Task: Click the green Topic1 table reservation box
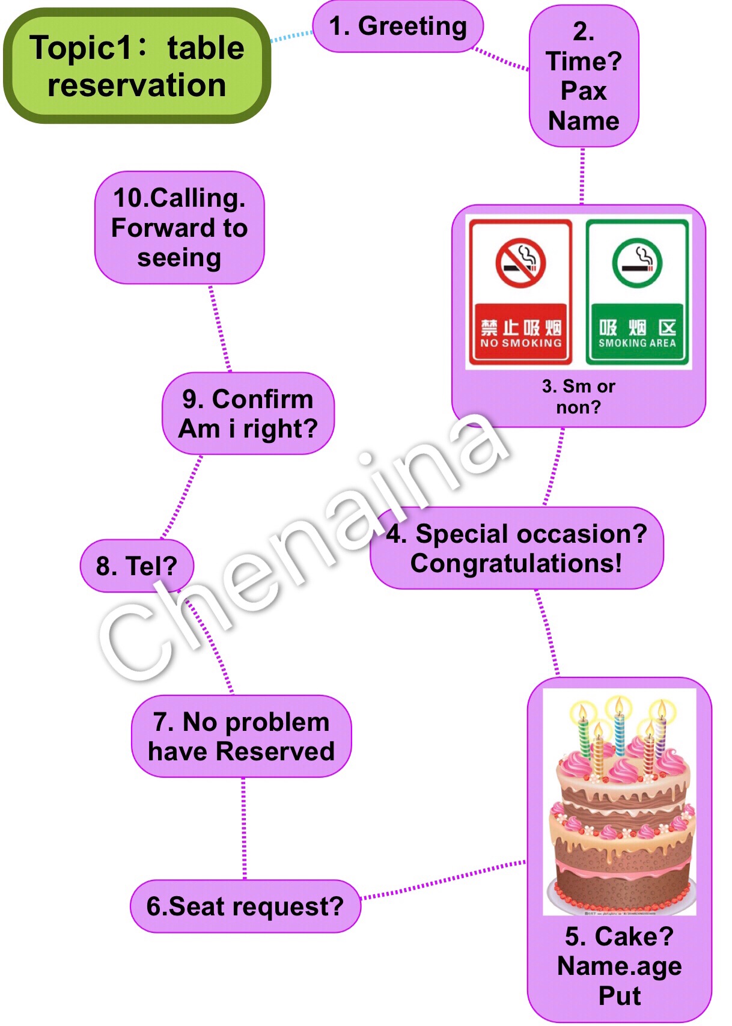tap(137, 66)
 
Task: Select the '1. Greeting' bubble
tap(398, 26)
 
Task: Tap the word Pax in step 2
tap(584, 91)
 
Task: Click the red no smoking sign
tap(520, 292)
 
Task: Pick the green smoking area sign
tap(637, 292)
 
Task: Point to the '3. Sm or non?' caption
tap(578, 397)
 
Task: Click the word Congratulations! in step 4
tap(516, 564)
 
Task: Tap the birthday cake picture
tap(620, 802)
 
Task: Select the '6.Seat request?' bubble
tap(245, 906)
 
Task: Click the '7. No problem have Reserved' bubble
tap(241, 736)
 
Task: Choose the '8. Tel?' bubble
tap(137, 566)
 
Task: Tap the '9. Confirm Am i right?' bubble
tap(248, 414)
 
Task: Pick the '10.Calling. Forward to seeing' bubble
tap(180, 228)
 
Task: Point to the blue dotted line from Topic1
tap(291, 36)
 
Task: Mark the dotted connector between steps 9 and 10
tap(219, 328)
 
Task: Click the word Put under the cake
tap(620, 996)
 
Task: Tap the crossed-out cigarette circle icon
tap(520, 263)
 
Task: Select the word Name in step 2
tap(584, 121)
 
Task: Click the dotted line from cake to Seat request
tap(444, 881)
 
